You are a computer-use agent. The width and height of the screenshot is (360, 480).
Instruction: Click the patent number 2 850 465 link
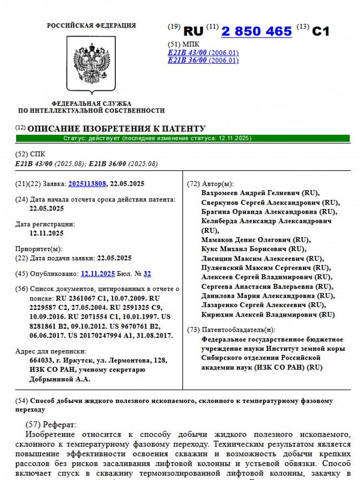click(256, 31)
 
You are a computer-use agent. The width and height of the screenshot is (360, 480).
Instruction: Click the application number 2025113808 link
click(87, 183)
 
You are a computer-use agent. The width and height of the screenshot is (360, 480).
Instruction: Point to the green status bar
click(183, 138)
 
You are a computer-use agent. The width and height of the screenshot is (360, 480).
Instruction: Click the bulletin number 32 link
click(147, 273)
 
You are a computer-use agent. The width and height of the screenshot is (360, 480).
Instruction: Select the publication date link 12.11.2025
click(97, 273)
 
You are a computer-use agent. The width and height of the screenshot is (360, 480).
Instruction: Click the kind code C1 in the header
click(321, 31)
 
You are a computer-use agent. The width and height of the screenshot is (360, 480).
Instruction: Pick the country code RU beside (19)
click(193, 31)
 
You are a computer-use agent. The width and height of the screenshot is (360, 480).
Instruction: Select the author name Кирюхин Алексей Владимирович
click(268, 314)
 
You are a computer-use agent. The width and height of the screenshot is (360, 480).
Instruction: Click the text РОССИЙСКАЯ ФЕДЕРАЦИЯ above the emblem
click(91, 25)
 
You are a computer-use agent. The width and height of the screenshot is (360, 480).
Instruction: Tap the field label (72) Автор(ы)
click(210, 183)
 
